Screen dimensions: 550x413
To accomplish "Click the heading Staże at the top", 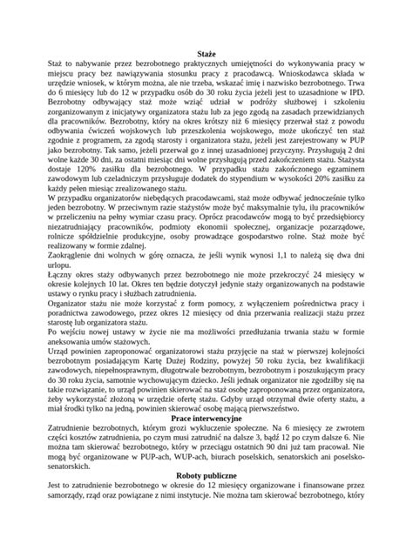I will pyautogui.click(x=206, y=54).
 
